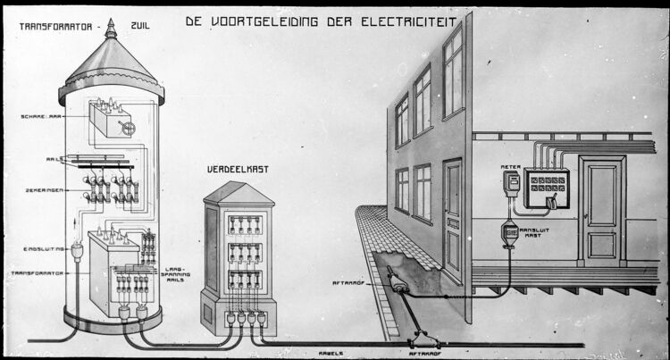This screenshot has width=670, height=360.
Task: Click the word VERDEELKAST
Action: pos(238,168)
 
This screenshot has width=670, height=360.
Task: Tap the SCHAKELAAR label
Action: pos(40,117)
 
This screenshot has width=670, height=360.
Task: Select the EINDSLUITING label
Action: pos(41,249)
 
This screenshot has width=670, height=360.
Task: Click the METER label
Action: pos(510,166)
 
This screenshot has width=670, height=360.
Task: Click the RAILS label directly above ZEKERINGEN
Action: pos(54,160)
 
